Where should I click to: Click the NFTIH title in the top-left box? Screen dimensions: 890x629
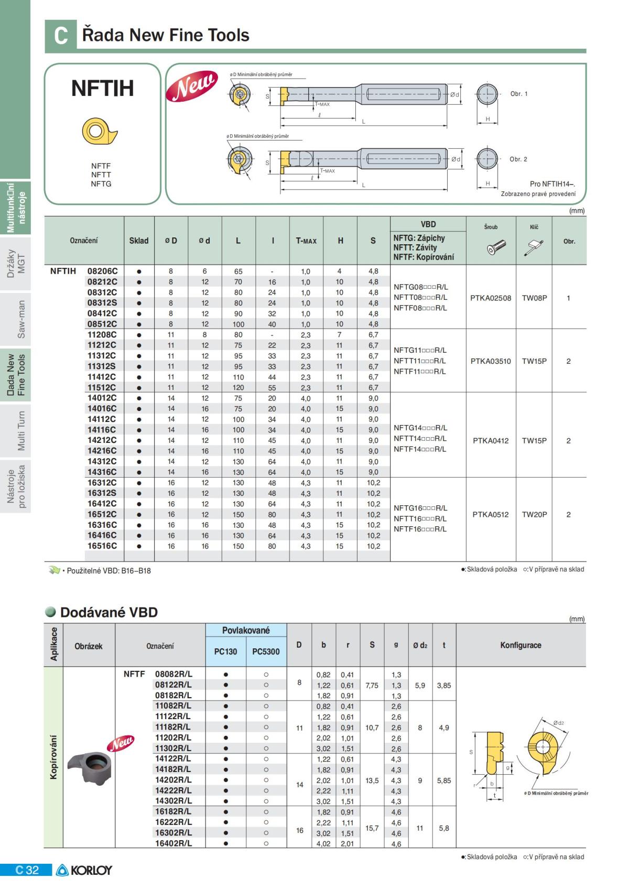[103, 88]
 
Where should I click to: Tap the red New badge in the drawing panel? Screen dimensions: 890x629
[192, 85]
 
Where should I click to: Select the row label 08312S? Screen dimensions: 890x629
[102, 303]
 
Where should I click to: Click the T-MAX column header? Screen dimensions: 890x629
[306, 241]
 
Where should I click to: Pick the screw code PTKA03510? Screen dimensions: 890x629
[491, 361]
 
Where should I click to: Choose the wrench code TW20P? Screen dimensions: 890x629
[534, 514]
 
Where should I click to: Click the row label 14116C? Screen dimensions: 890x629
[102, 430]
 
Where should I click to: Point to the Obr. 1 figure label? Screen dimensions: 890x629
[519, 94]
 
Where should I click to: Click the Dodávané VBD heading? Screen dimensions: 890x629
[109, 612]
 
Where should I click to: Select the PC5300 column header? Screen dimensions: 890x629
[266, 652]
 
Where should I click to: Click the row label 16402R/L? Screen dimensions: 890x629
[173, 843]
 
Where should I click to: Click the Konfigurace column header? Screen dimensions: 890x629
[520, 645]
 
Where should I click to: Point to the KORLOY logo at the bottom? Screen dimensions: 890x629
[84, 870]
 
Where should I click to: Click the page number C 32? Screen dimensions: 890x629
[27, 870]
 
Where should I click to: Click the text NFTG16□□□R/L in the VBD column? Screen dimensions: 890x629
[420, 508]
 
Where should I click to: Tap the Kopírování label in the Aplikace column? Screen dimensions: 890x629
[53, 757]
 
